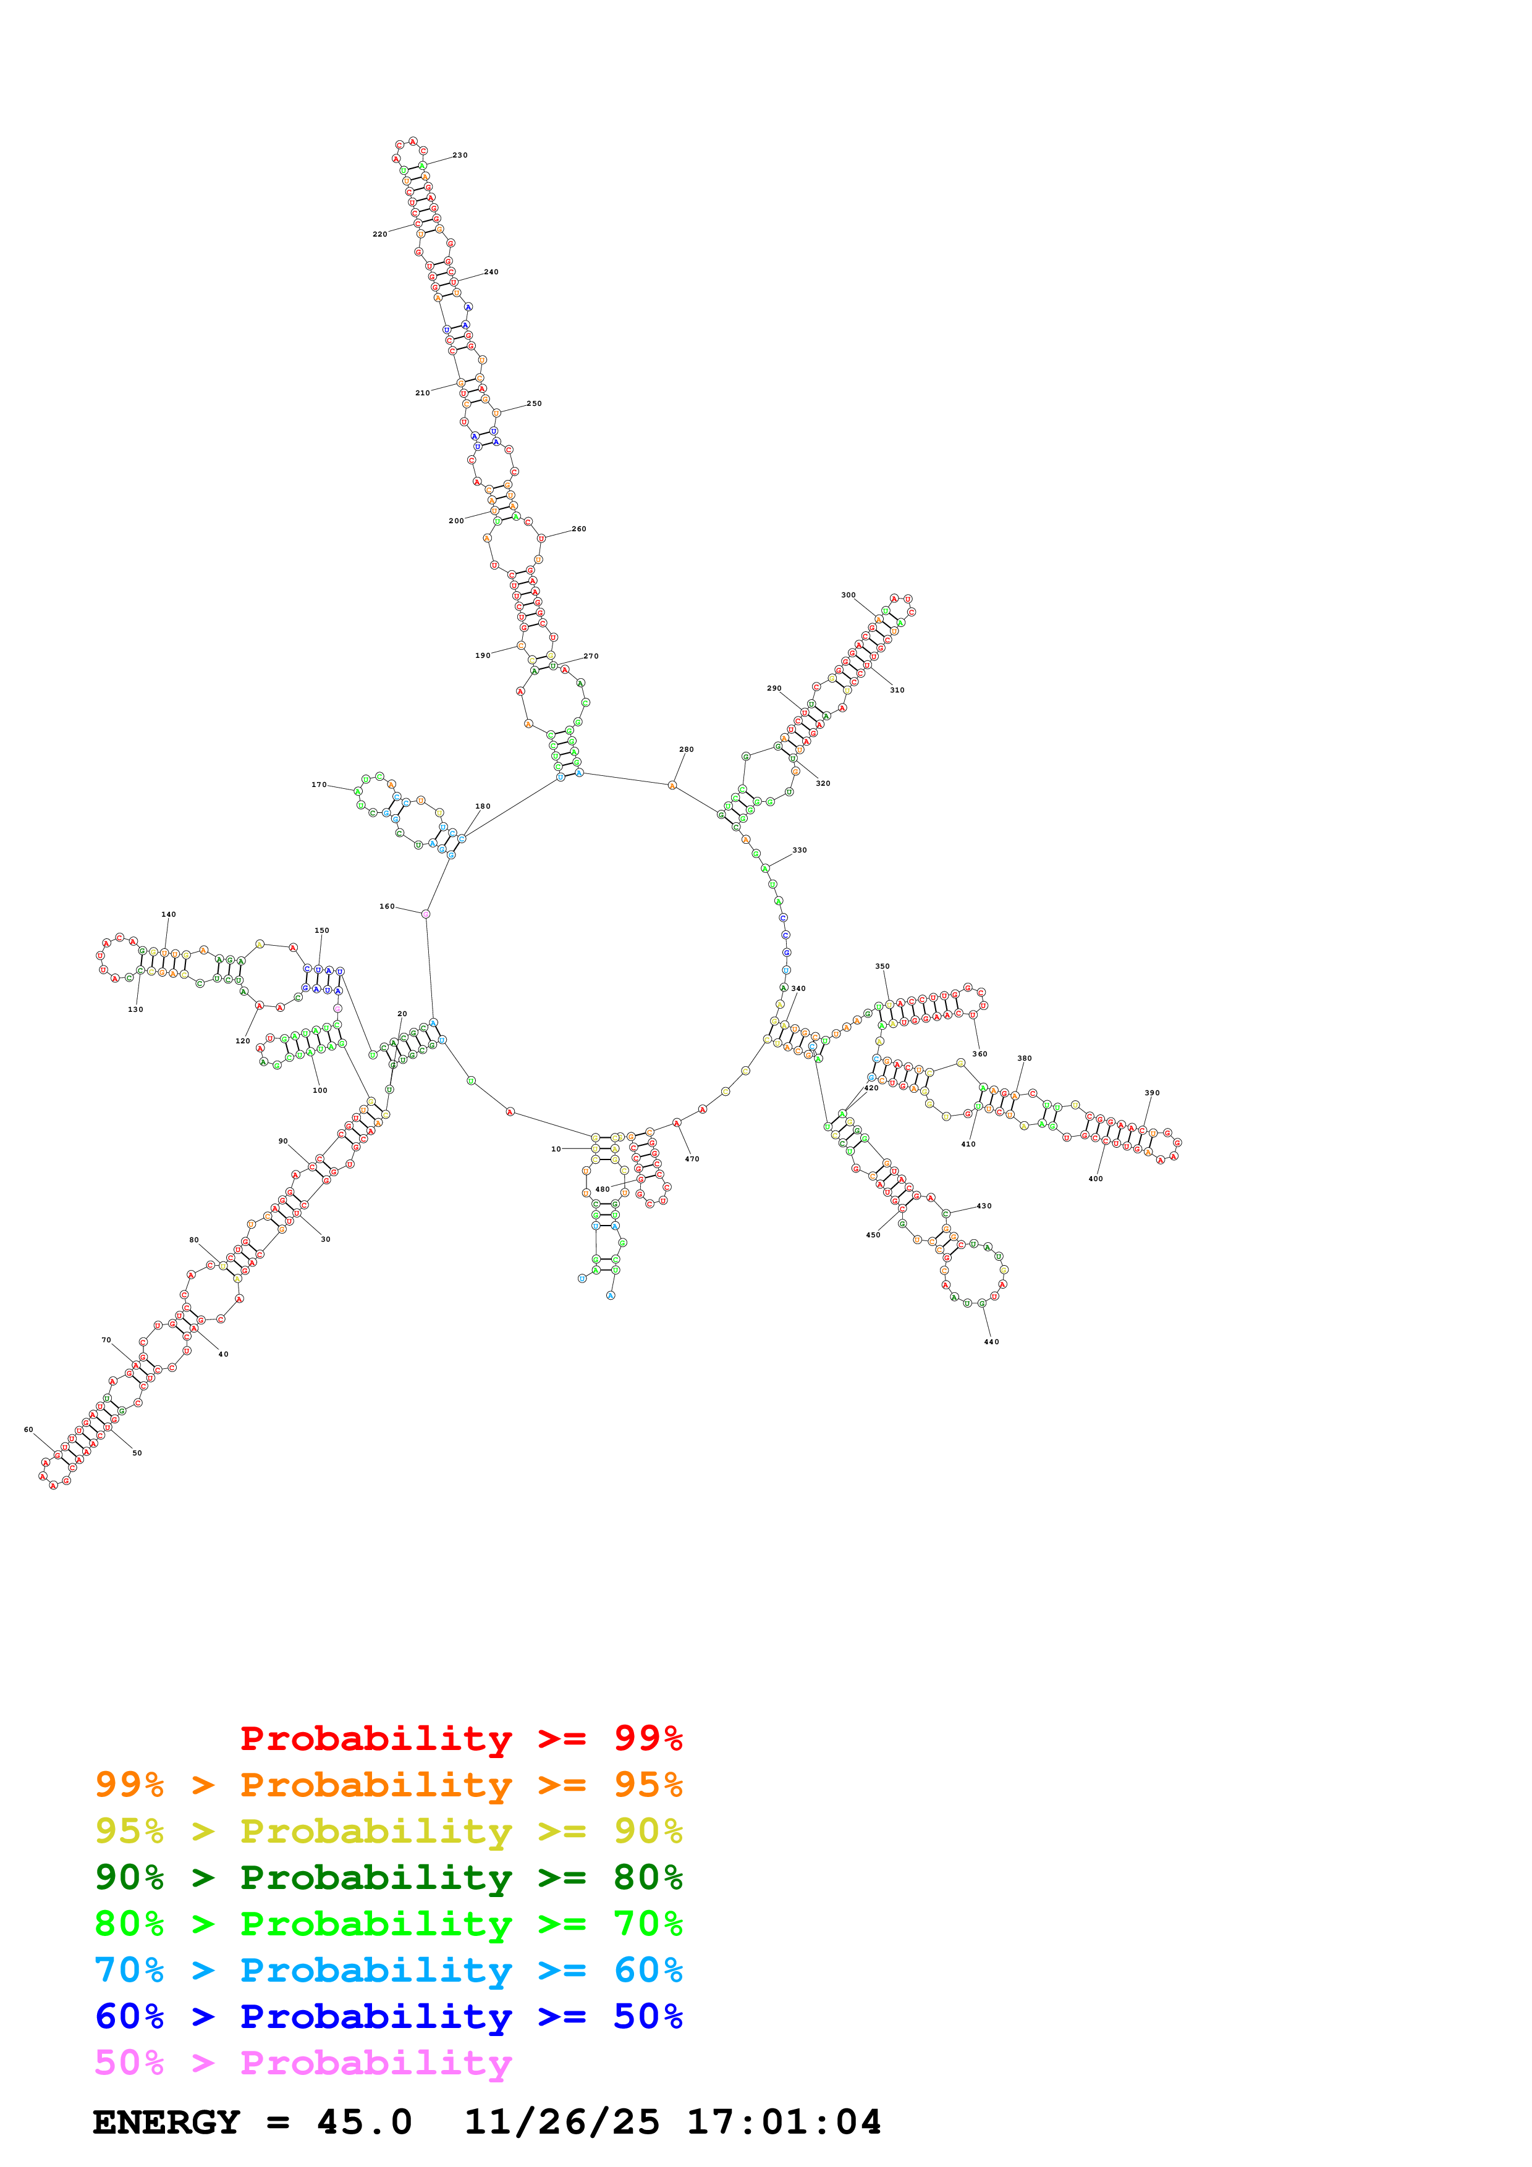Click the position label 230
coord(460,156)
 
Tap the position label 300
coord(848,595)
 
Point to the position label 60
coord(28,1430)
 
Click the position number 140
coord(168,915)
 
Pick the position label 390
coord(1151,1093)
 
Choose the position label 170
coord(319,785)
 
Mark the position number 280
coord(686,749)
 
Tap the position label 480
coord(602,1189)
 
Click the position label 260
coord(578,529)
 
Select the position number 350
coord(882,967)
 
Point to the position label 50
coord(137,1454)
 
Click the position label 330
coord(800,851)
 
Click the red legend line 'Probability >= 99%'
coord(460,1738)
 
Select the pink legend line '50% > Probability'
coord(303,2063)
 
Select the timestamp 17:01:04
coord(784,2123)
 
